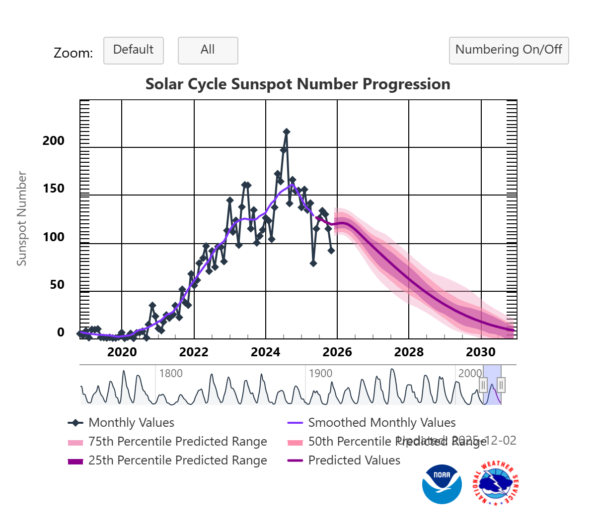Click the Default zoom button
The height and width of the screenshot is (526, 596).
(133, 50)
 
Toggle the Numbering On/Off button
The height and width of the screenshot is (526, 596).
(509, 50)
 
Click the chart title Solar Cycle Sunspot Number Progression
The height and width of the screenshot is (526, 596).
(298, 84)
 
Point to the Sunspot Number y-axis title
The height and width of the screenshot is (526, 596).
(21, 218)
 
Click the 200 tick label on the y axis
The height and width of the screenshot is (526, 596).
(54, 141)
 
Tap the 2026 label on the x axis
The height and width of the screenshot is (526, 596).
(337, 352)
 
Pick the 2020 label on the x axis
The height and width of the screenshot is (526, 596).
(122, 352)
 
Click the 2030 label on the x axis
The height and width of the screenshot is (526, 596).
(480, 352)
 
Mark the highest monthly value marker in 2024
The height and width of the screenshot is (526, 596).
(287, 132)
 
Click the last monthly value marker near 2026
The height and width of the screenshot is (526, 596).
(331, 251)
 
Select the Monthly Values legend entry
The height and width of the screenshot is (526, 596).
(131, 423)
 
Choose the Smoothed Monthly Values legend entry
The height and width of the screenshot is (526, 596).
(381, 423)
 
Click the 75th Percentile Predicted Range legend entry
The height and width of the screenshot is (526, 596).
(177, 442)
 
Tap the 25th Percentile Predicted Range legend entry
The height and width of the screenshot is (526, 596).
(177, 460)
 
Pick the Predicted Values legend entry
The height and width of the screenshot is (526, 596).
(354, 460)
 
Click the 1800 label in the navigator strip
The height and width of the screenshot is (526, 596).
(171, 374)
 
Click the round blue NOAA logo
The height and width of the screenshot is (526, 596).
(442, 484)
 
